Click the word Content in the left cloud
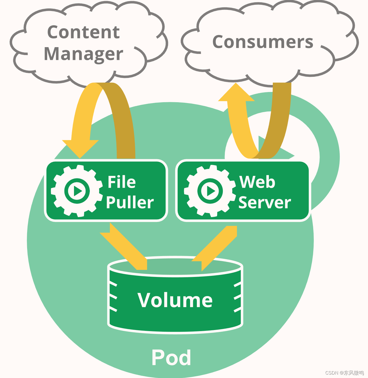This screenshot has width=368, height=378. pyautogui.click(x=83, y=32)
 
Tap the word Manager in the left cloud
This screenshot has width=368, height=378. pyautogui.click(x=83, y=54)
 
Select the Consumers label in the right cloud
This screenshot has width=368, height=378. pyautogui.click(x=263, y=42)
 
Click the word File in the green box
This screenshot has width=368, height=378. pyautogui.click(x=121, y=182)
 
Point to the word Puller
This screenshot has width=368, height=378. pyautogui.click(x=130, y=202)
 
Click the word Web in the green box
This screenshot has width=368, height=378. pyautogui.click(x=257, y=182)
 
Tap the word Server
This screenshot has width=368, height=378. pyautogui.click(x=264, y=202)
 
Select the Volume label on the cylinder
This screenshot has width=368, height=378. pyautogui.click(x=175, y=300)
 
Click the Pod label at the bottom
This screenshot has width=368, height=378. pyautogui.click(x=171, y=358)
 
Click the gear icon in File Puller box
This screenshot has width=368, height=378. pyautogui.click(x=77, y=191)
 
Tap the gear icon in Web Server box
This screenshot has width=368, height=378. pyautogui.click(x=210, y=191)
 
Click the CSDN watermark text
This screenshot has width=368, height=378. pyautogui.click(x=344, y=373)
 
